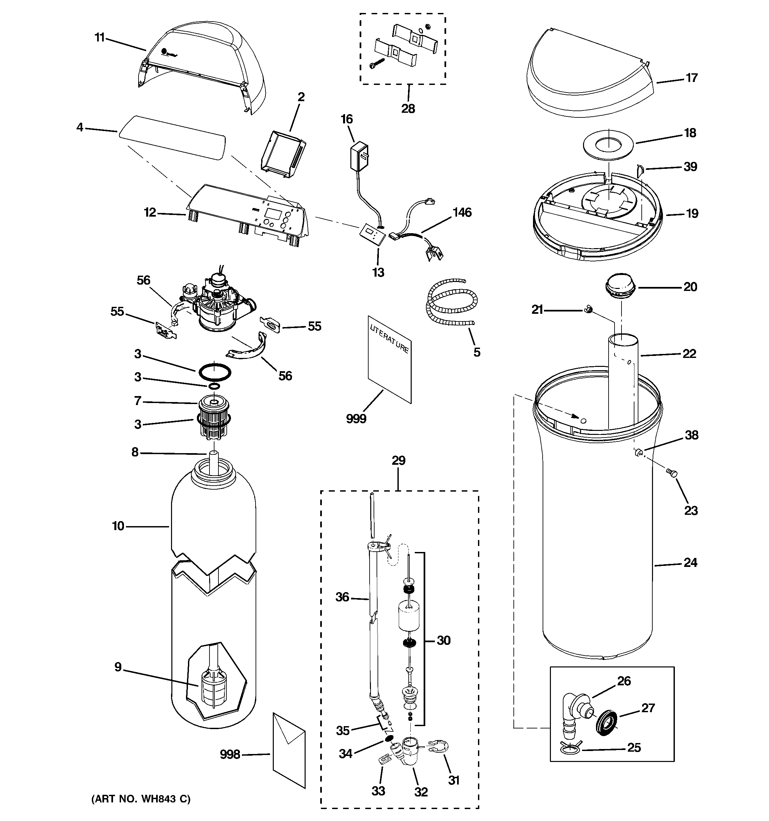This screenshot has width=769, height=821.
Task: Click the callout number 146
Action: (x=462, y=212)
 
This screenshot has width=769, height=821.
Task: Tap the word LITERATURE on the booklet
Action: (x=389, y=339)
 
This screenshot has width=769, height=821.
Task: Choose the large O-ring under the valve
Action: (x=215, y=371)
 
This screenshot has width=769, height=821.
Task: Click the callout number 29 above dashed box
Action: (x=398, y=460)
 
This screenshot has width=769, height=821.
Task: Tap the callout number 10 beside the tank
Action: (x=118, y=526)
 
